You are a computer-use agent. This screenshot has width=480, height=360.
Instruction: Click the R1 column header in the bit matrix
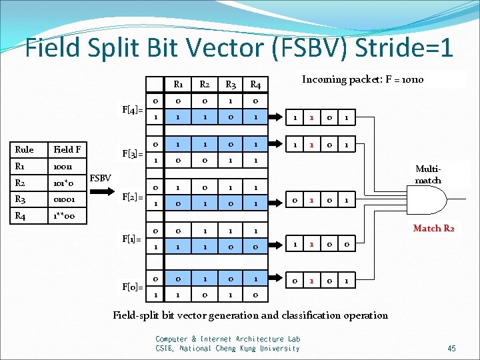[179, 85]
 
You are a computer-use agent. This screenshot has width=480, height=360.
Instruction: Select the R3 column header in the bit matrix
[231, 85]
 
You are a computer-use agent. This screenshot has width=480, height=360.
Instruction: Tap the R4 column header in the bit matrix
[255, 85]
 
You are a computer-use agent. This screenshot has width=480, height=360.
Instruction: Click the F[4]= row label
[132, 109]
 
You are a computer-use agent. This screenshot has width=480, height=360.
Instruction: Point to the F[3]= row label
[132, 154]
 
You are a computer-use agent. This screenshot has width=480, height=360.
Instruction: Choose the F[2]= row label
[132, 198]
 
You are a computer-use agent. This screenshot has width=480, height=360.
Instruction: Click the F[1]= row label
[132, 238]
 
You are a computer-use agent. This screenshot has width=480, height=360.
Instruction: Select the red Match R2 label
[433, 229]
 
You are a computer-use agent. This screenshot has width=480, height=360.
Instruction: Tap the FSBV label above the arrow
[101, 178]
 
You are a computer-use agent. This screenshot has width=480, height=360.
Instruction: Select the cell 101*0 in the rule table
[67, 183]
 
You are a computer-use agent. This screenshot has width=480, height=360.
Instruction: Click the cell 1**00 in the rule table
[65, 215]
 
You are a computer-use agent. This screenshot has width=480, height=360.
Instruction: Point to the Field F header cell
[68, 150]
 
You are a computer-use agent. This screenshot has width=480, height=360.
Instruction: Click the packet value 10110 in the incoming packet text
[409, 80]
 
